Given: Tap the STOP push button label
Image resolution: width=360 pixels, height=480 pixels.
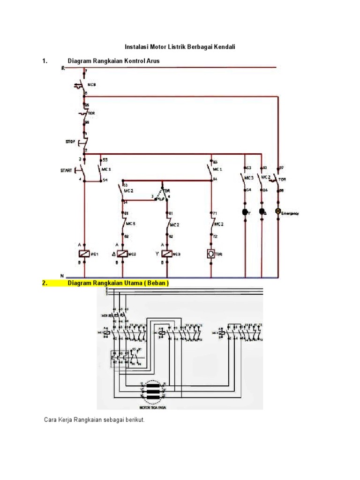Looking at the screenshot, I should [70, 141].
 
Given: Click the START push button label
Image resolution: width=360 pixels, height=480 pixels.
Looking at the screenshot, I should [67, 171].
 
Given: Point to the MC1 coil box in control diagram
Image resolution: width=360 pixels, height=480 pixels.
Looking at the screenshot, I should [84, 254].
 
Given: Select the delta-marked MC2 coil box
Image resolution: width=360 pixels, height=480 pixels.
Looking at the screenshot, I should [123, 254].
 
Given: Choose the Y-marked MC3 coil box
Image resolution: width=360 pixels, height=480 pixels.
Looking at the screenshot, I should [167, 254].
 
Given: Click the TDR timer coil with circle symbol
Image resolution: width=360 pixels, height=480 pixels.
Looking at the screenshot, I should [210, 254].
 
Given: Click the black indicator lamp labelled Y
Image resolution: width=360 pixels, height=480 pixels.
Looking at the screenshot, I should [245, 212].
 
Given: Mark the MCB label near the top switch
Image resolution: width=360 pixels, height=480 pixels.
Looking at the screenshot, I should [92, 85].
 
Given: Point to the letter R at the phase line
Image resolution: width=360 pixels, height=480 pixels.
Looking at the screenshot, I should [63, 68].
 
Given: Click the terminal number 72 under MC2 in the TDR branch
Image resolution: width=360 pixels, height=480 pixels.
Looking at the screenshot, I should [216, 237].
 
